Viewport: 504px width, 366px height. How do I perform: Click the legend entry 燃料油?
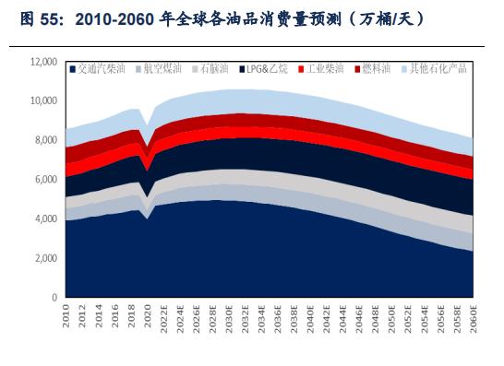coord(381,68)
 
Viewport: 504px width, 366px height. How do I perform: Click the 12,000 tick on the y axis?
coord(42,61)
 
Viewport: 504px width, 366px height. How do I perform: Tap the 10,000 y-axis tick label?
coord(42,100)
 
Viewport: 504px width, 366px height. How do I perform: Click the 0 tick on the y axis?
coord(54,299)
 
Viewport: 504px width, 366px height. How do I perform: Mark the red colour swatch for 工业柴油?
coord(302,68)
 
